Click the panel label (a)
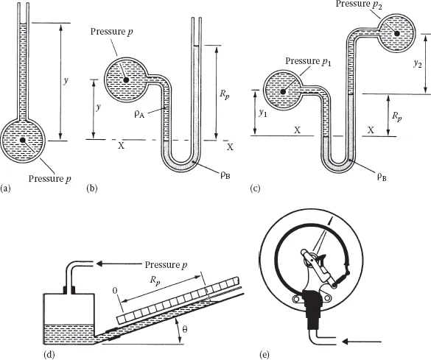(x=5, y=188)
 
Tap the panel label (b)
(x=92, y=188)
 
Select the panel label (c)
(x=255, y=188)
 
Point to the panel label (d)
(x=49, y=355)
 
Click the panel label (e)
(x=264, y=355)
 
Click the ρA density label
(x=139, y=114)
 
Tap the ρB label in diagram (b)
(x=225, y=175)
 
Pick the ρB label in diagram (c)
(x=381, y=177)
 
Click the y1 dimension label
(x=263, y=113)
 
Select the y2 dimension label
(x=417, y=64)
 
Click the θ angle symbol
(x=185, y=329)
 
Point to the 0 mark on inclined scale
(x=115, y=291)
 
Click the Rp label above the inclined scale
(x=155, y=280)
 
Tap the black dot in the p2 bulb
(x=397, y=33)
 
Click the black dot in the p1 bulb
(x=283, y=92)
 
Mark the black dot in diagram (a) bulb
(x=23, y=141)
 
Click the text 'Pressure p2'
(x=359, y=4)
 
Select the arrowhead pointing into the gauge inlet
(x=348, y=342)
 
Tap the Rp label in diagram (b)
(x=224, y=94)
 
